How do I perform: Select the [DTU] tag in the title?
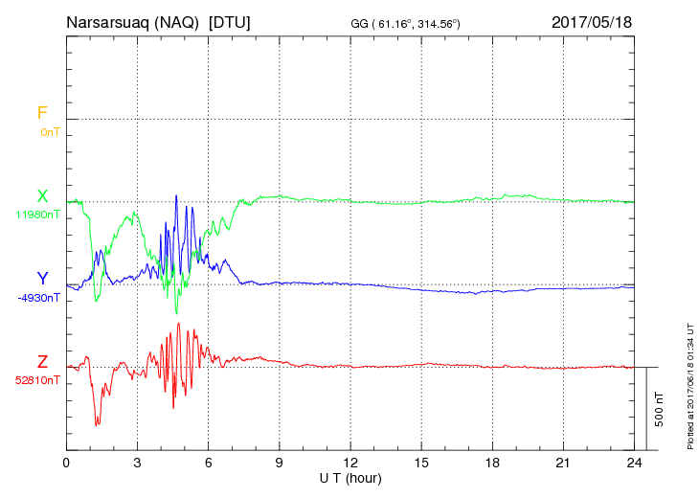click(230, 22)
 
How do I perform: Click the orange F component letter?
click(41, 113)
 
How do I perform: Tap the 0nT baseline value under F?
click(50, 131)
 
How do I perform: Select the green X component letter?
click(42, 196)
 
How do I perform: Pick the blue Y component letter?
click(42, 279)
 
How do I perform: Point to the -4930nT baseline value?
click(38, 297)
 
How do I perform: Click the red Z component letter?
click(42, 362)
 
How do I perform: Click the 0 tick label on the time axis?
click(66, 464)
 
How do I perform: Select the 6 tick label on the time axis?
click(209, 464)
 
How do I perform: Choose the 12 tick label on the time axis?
click(350, 464)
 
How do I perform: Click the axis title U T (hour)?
click(350, 478)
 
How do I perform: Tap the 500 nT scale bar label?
click(660, 409)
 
